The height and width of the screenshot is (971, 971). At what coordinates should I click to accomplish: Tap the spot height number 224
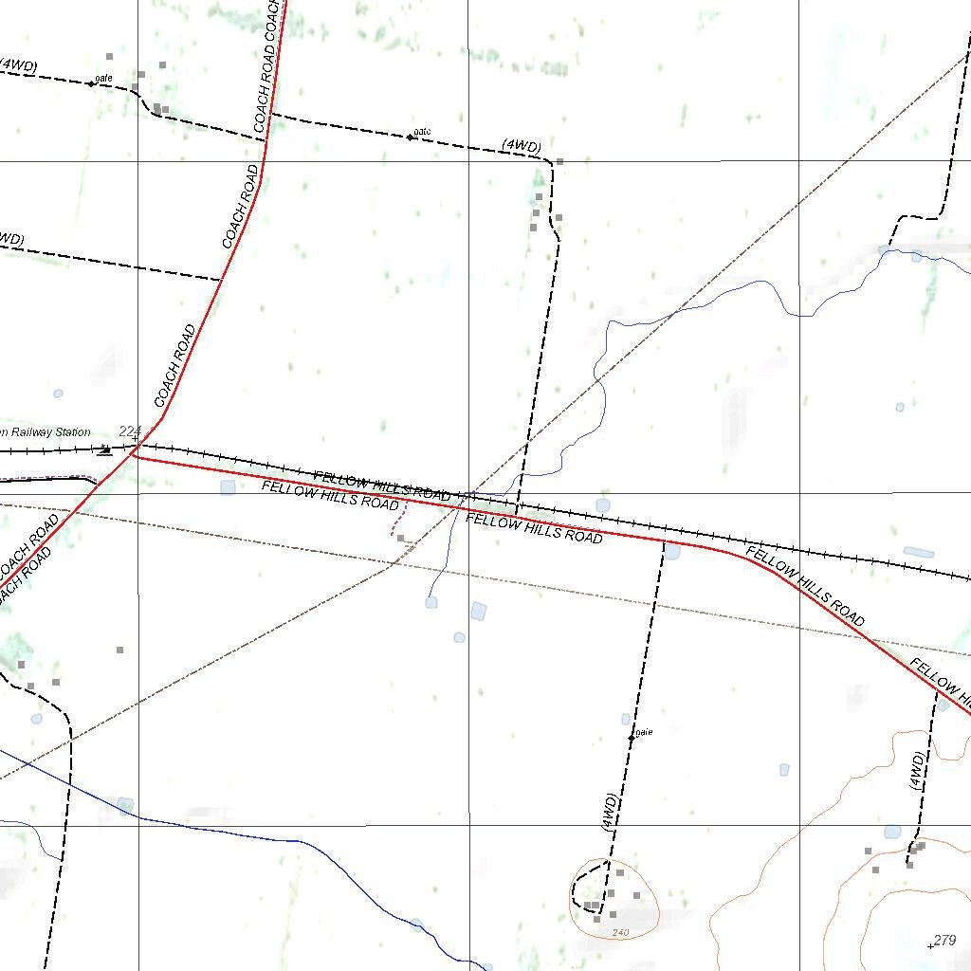pyautogui.click(x=130, y=431)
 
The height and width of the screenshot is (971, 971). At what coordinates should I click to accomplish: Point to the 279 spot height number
pyautogui.click(x=944, y=940)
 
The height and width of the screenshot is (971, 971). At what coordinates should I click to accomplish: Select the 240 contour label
pyautogui.click(x=620, y=933)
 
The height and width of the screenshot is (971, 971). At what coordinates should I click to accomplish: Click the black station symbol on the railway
pyautogui.click(x=104, y=450)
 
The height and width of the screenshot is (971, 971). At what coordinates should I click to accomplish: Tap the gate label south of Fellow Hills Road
pyautogui.click(x=645, y=731)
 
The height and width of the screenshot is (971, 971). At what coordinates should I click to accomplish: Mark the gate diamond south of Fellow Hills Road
pyautogui.click(x=632, y=737)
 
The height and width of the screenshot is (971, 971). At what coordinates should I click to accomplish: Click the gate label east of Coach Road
pyautogui.click(x=422, y=131)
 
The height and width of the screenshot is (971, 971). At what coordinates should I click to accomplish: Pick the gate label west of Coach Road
pyautogui.click(x=103, y=77)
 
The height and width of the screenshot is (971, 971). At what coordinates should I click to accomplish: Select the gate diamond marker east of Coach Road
pyautogui.click(x=410, y=137)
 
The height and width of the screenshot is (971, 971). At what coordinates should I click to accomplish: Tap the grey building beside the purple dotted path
pyautogui.click(x=401, y=538)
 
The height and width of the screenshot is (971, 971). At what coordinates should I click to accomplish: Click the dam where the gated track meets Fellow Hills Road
pyautogui.click(x=672, y=551)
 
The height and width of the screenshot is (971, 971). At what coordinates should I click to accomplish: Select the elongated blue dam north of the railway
pyautogui.click(x=918, y=552)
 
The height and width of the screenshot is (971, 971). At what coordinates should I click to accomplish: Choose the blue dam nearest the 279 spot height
pyautogui.click(x=892, y=832)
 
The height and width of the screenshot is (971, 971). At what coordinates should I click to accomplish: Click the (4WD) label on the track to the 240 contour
pyautogui.click(x=610, y=813)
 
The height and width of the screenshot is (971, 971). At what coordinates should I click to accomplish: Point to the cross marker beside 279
pyautogui.click(x=930, y=945)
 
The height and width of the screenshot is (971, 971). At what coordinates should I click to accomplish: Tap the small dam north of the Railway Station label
pyautogui.click(x=58, y=393)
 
